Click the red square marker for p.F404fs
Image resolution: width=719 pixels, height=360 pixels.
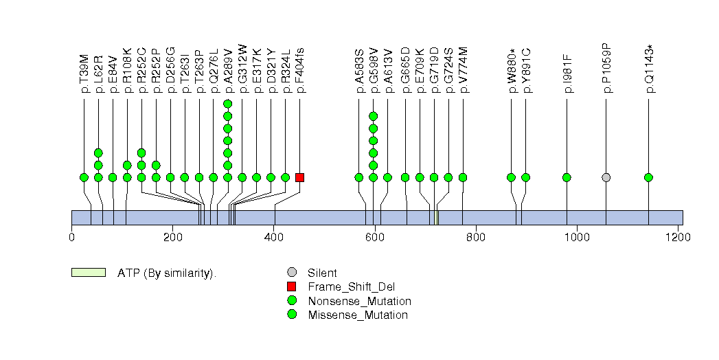point(299,177)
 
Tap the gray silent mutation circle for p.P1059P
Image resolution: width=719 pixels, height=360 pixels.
point(606,177)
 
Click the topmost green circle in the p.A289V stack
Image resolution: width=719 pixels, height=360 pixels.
point(227,104)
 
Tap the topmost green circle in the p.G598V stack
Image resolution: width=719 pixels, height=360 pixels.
point(373,116)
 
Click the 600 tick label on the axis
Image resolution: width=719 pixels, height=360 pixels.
point(374,237)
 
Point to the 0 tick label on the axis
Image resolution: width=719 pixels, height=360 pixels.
point(72,237)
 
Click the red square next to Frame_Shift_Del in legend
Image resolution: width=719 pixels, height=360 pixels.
point(292,286)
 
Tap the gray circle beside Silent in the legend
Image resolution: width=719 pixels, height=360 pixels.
point(292,273)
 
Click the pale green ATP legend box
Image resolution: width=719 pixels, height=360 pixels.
point(88,273)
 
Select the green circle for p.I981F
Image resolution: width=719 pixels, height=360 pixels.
point(567,177)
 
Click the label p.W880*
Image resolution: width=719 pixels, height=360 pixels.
point(512,70)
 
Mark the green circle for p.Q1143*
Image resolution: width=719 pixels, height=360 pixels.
point(648,177)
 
